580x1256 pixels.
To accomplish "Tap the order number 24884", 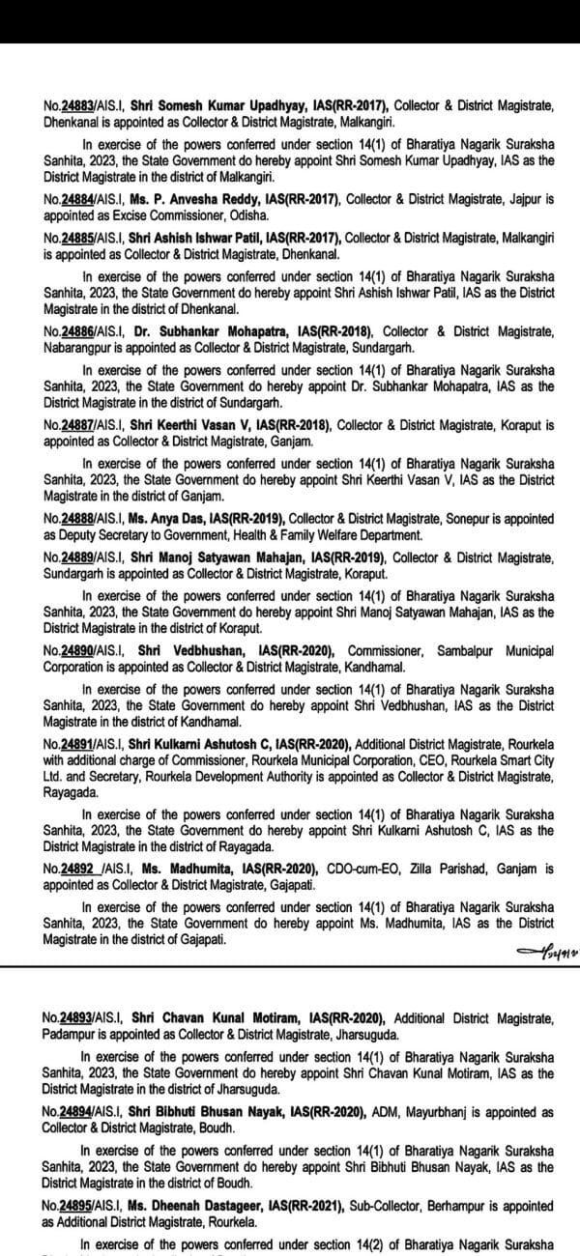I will click(x=74, y=198).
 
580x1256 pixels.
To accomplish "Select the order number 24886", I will click(x=74, y=331).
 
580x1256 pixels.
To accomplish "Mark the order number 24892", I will click(x=74, y=869).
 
